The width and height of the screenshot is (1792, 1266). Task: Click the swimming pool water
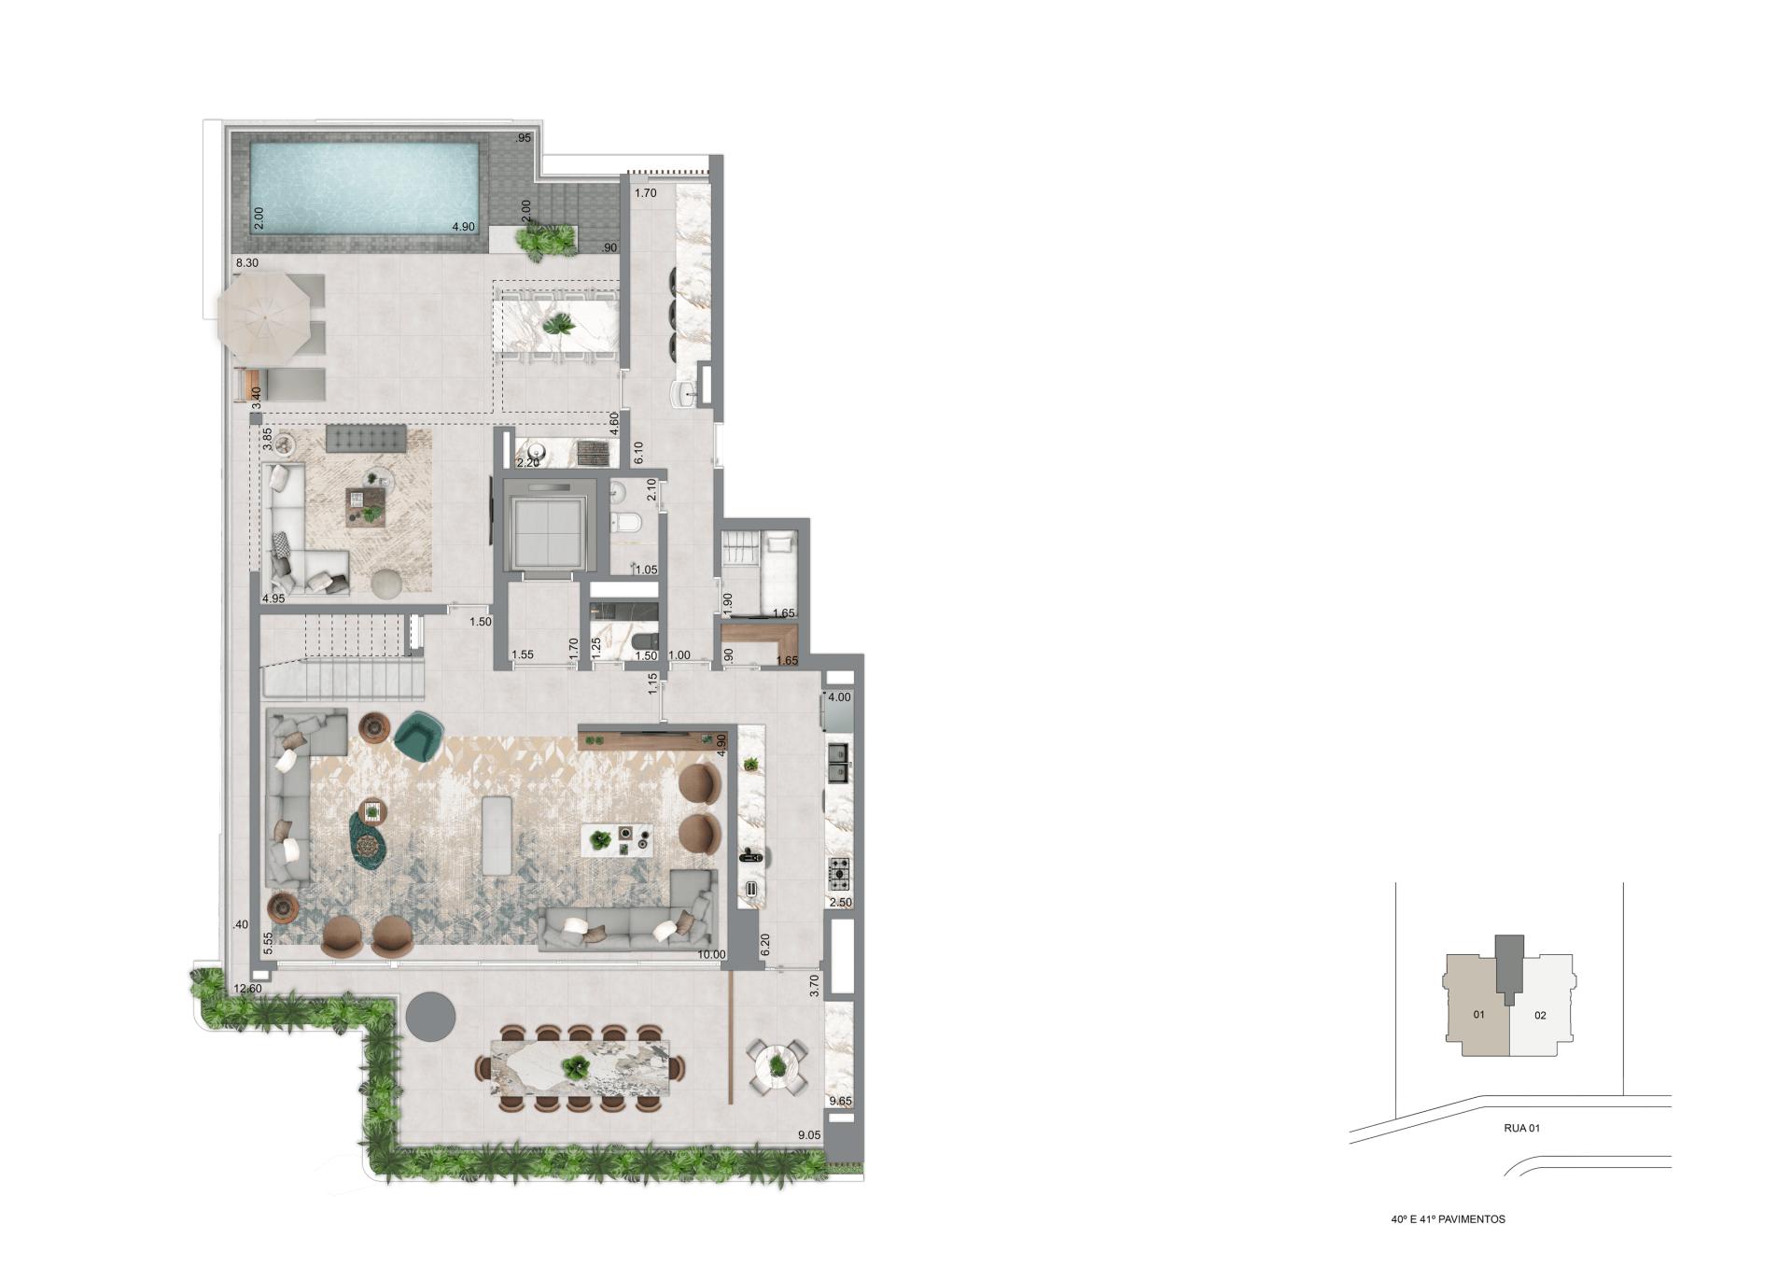(365, 188)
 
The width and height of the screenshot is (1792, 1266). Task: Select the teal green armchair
(419, 736)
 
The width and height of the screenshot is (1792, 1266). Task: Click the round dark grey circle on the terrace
(431, 1016)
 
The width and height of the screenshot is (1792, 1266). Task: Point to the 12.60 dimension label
(247, 989)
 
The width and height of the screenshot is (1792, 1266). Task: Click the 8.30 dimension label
(247, 264)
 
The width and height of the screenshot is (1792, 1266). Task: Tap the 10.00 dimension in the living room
(711, 955)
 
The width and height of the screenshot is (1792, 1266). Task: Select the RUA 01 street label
(1521, 1128)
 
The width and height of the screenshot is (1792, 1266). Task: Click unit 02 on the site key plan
(1540, 1015)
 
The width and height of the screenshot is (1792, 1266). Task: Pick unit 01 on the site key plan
(1478, 1015)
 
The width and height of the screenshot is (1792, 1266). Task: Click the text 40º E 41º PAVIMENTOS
(1448, 1219)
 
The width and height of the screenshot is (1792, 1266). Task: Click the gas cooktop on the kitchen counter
(839, 873)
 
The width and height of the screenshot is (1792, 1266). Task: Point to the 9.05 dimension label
(809, 1135)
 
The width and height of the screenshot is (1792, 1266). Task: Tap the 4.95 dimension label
(273, 598)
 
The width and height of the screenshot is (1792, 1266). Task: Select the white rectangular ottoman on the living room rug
(497, 835)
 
